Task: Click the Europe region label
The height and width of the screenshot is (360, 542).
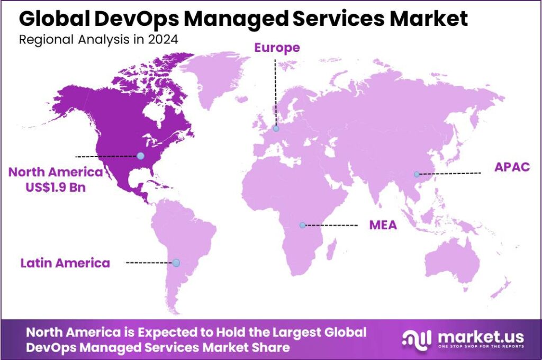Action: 277,48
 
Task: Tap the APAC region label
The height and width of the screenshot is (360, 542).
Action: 511,167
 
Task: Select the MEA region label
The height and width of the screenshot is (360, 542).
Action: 383,226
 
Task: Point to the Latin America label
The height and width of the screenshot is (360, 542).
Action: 66,263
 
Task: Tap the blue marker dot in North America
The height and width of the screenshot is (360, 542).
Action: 140,156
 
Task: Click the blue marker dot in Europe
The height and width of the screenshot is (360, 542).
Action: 276,128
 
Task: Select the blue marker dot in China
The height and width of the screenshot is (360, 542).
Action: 417,174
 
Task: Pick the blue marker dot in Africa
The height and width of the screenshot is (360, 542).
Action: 302,225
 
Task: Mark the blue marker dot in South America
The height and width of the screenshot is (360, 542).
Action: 176,263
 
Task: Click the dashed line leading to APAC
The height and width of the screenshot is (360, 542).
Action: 450,173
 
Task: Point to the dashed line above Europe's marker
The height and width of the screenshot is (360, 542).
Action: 275,93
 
